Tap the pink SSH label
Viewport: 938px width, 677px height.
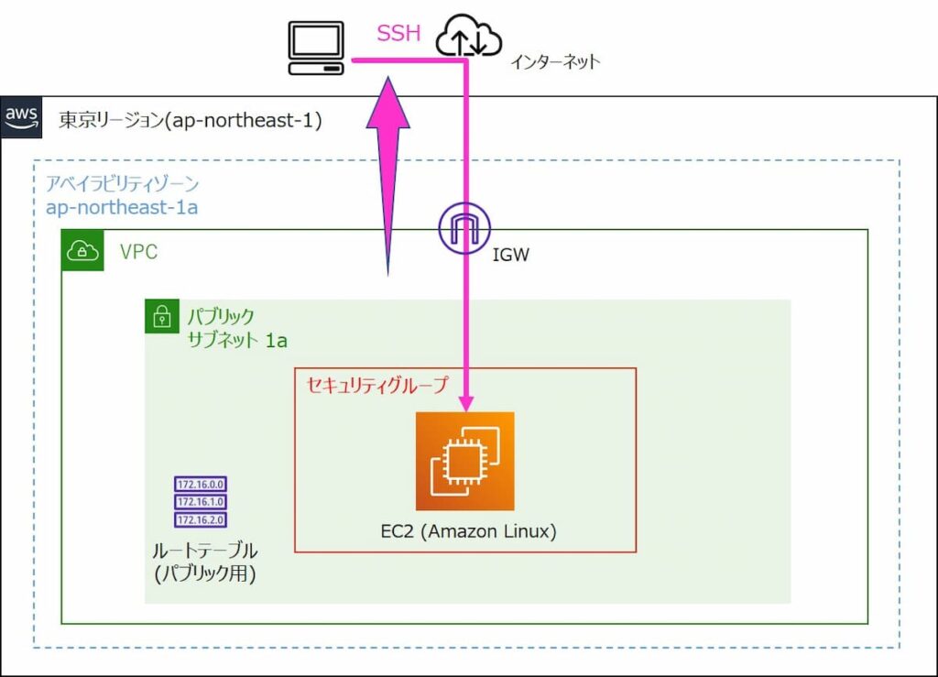(x=398, y=35)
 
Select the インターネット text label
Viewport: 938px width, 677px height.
(x=555, y=62)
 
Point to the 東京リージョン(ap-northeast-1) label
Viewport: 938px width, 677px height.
(x=190, y=120)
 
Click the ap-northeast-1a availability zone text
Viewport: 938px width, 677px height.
(x=122, y=207)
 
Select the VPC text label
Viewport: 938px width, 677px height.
(x=138, y=252)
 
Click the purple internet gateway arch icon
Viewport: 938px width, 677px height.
(x=464, y=226)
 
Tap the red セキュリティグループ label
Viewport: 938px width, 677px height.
(x=376, y=385)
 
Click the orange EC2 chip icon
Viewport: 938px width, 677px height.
(x=464, y=461)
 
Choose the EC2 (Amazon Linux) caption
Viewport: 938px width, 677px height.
(x=468, y=530)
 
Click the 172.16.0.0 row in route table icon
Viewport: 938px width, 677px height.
(x=200, y=484)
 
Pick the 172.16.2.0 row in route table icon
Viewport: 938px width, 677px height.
(x=200, y=520)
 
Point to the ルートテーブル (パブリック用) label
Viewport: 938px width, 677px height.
(x=204, y=562)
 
